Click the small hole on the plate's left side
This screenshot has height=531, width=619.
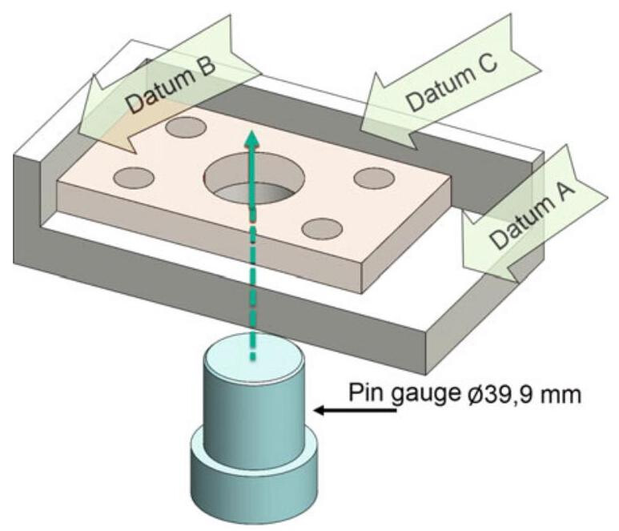131,176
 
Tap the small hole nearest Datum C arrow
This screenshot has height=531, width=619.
372,179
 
